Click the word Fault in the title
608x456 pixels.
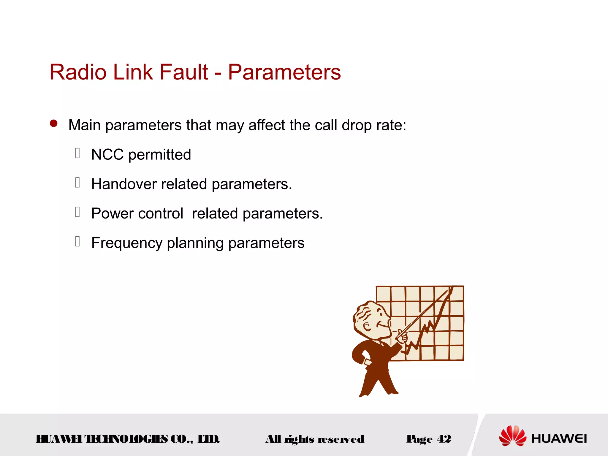pos(184,72)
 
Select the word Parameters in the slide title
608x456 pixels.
pos(284,72)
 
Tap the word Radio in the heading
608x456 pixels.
pos(78,72)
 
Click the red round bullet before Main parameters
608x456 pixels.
pos(54,123)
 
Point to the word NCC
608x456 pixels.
pos(107,155)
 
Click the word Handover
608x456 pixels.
pos(124,184)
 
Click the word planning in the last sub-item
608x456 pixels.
pos(195,243)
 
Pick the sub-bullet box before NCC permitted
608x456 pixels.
pos(77,153)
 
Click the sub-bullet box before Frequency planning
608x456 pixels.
pos(77,241)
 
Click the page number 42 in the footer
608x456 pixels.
pos(444,439)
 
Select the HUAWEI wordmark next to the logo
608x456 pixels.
pos(559,438)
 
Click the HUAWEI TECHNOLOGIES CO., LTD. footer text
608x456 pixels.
pos(127,439)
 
